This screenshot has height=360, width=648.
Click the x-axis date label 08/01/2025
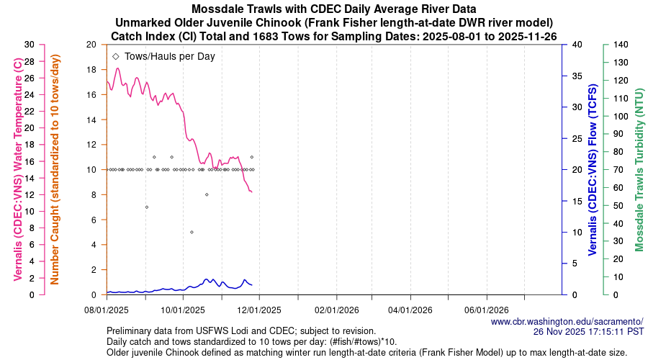107,310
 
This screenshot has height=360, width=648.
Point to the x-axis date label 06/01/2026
487,310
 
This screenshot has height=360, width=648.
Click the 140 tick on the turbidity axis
621,45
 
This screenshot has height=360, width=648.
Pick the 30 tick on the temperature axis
30,45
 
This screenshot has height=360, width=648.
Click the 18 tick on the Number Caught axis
91,70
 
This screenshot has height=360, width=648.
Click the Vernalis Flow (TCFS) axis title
593,169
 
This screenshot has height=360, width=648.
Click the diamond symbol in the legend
116,56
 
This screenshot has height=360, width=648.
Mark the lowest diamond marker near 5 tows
192,232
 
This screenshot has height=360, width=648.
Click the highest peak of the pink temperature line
117,68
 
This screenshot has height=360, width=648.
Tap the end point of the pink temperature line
251,192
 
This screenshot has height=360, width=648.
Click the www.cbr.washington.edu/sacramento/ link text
567,321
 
